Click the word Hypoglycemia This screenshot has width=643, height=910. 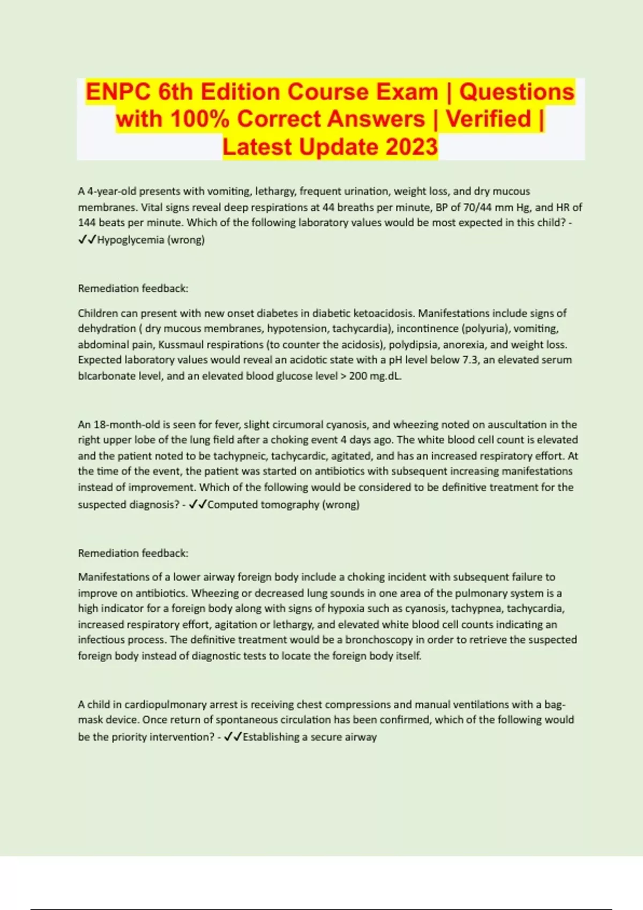tap(131, 240)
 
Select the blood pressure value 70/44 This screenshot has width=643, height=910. tap(472, 207)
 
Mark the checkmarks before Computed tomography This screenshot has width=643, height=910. tap(198, 504)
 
